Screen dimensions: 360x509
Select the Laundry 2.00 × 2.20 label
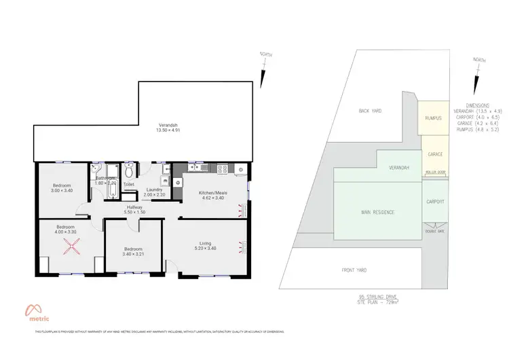pyautogui.click(x=155, y=192)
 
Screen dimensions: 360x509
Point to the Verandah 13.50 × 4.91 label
pyautogui.click(x=168, y=129)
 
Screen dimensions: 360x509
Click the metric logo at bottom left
pyautogui.click(x=41, y=310)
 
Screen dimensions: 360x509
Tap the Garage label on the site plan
pyautogui.click(x=434, y=154)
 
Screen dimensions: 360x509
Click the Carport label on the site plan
pyautogui.click(x=435, y=202)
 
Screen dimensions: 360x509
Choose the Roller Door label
pyautogui.click(x=435, y=172)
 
